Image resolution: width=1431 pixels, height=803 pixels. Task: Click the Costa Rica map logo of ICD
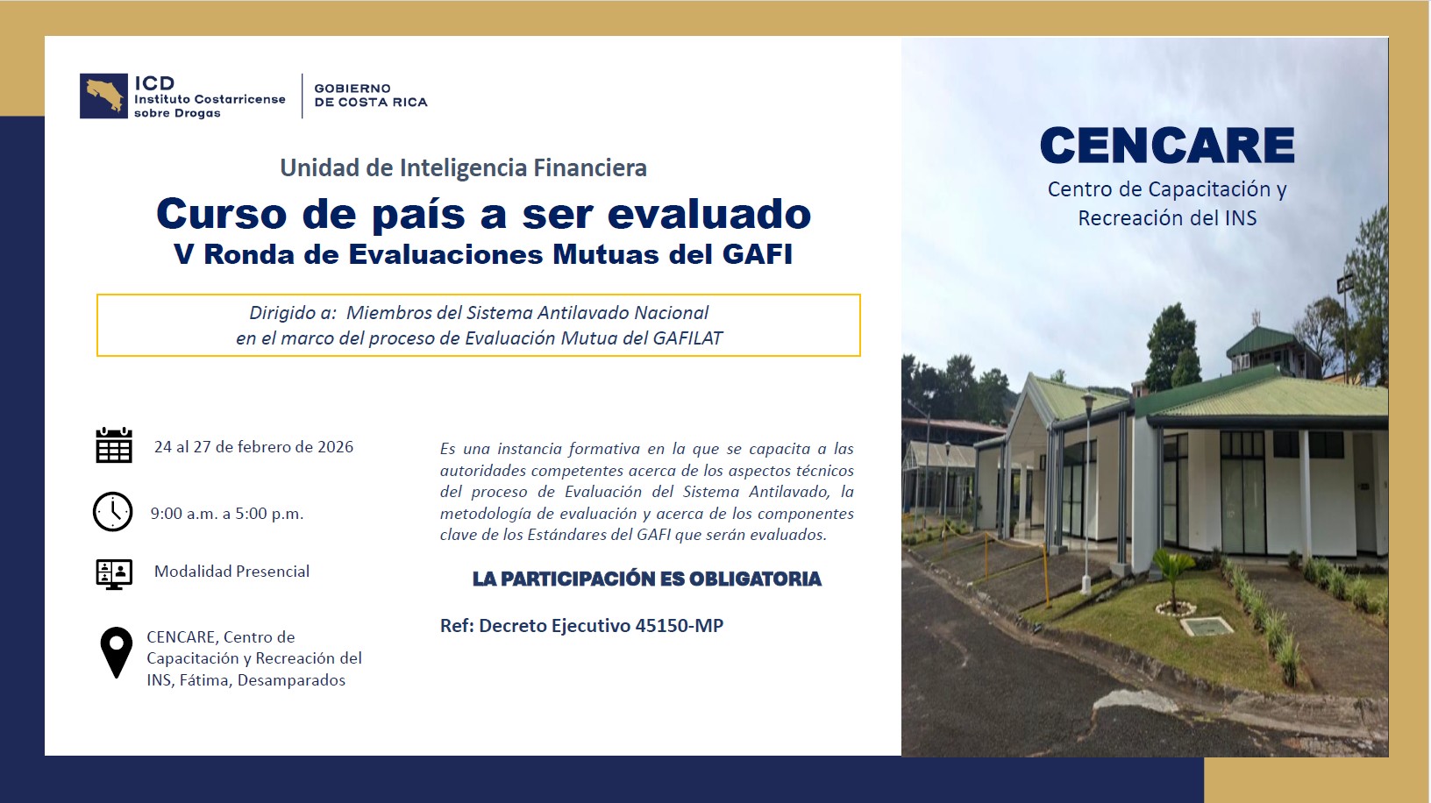pyautogui.click(x=103, y=96)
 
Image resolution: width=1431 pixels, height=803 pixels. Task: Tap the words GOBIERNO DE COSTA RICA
pyautogui.click(x=371, y=96)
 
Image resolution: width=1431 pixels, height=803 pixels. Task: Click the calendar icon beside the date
pyautogui.click(x=114, y=444)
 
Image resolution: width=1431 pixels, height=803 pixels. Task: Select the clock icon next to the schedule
pyautogui.click(x=113, y=511)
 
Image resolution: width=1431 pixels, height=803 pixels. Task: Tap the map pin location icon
pyautogui.click(x=117, y=652)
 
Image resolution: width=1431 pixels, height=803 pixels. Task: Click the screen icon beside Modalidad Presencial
pyautogui.click(x=114, y=574)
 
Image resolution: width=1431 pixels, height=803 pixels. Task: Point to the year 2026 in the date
pyautogui.click(x=335, y=446)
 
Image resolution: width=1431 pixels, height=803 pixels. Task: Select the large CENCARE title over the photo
pyautogui.click(x=1167, y=145)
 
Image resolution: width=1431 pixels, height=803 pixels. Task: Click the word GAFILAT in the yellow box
pyautogui.click(x=687, y=338)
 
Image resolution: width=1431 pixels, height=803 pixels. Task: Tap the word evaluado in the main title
pyautogui.click(x=709, y=213)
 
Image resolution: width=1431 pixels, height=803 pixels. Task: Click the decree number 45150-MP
pyautogui.click(x=679, y=625)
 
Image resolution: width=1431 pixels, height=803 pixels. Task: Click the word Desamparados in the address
pyautogui.click(x=291, y=680)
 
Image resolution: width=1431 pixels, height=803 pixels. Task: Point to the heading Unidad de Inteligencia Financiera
pyautogui.click(x=463, y=168)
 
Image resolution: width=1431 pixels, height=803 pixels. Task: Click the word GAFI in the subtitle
pyautogui.click(x=758, y=254)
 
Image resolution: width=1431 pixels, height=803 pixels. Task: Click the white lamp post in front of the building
pyautogui.click(x=1086, y=492)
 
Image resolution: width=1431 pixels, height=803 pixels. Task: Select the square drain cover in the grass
pyautogui.click(x=1207, y=626)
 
